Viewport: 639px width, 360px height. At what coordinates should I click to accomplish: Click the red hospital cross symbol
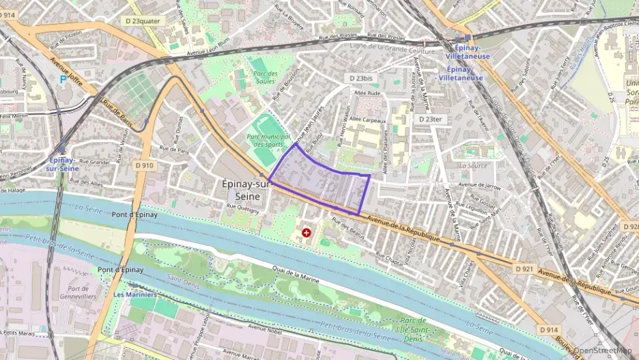click(307, 233)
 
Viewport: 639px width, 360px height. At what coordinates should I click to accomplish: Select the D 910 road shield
click(144, 165)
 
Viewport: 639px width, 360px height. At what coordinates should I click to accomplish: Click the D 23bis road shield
click(361, 79)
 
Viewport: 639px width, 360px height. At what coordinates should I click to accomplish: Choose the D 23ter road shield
click(430, 119)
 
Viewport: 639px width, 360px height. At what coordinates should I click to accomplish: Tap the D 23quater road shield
click(143, 21)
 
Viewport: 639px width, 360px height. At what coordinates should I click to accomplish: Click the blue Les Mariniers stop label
click(134, 295)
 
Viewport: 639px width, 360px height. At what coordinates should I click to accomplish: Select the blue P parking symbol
click(63, 79)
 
